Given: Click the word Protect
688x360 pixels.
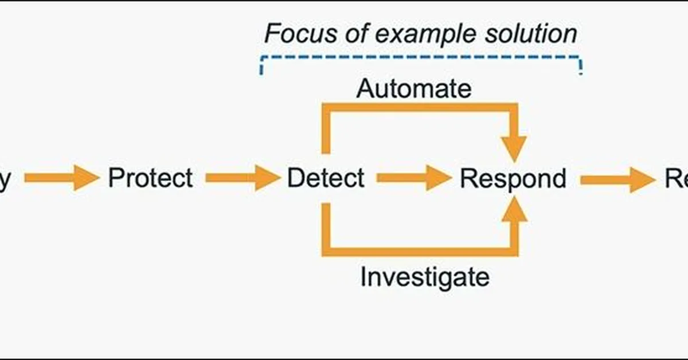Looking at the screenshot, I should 150,178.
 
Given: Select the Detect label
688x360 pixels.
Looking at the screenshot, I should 325,178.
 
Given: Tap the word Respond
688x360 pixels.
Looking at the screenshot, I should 513,178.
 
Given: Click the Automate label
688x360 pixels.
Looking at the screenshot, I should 414,88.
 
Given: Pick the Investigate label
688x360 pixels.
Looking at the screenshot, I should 425,277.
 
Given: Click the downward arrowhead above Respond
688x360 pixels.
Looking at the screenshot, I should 518,148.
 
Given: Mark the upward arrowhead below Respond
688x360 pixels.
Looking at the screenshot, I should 518,209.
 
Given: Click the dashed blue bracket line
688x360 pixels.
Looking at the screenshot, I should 421,57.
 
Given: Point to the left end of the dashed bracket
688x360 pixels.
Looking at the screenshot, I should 261,66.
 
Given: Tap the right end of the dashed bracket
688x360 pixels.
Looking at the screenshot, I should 581,66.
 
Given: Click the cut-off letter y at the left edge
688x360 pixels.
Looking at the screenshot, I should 5,179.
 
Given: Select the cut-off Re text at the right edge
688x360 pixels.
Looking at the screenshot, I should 677,178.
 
